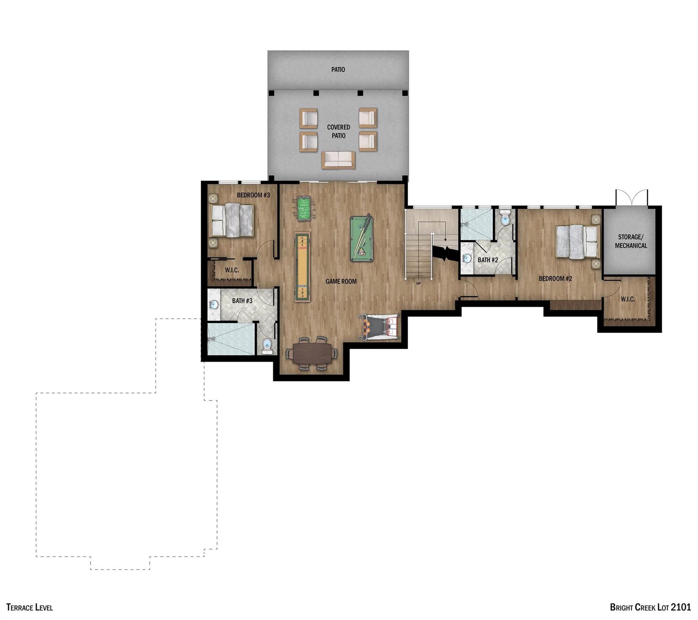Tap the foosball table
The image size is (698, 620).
click(304, 208)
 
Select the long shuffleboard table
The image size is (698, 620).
click(303, 266)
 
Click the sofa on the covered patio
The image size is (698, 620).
click(338, 160)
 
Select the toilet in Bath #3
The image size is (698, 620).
click(267, 346)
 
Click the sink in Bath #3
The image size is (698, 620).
click(214, 304)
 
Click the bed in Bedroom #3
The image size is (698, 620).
click(231, 220)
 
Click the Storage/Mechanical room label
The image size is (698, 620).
click(631, 241)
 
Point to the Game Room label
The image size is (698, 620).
click(341, 281)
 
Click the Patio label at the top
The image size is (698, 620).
click(338, 69)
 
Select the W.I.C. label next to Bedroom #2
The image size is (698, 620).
click(627, 299)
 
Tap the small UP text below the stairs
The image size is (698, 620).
click(418, 283)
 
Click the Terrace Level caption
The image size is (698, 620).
click(29, 607)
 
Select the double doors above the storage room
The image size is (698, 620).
click(631, 198)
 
